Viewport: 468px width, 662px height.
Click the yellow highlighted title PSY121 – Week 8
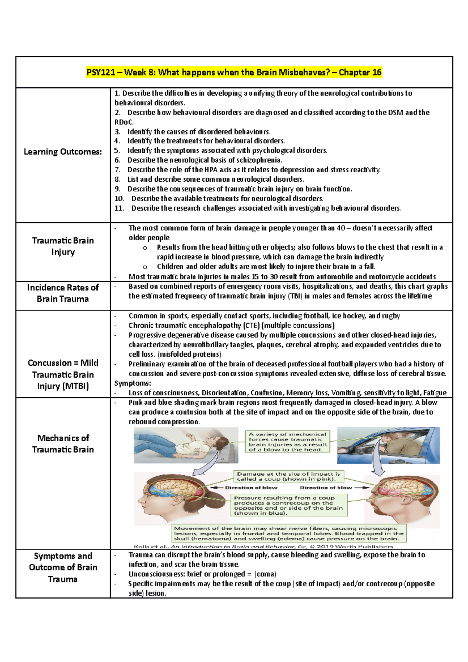tap(234, 73)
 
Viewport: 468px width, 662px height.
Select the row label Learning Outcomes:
tap(63, 152)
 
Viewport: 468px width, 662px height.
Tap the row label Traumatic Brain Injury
tap(63, 246)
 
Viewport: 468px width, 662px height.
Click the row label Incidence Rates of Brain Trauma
tap(63, 293)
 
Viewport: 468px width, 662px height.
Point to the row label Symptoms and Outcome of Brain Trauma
tap(63, 567)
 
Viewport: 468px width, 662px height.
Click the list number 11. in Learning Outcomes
tap(119, 208)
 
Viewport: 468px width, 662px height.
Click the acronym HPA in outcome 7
tap(198, 170)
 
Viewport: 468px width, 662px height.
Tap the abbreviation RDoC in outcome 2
tap(123, 122)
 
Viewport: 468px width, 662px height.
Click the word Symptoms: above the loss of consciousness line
tap(133, 383)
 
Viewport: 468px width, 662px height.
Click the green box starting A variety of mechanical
tap(287, 442)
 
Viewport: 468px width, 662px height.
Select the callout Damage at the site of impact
tap(289, 476)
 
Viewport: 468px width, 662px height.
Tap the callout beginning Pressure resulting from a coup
tap(289, 505)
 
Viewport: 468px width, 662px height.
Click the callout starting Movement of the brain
tap(289, 533)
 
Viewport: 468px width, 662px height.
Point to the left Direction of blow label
tap(251, 488)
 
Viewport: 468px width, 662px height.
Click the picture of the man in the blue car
tap(388, 445)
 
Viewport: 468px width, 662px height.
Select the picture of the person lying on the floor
tap(186, 445)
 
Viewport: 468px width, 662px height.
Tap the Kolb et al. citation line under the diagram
tap(263, 547)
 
